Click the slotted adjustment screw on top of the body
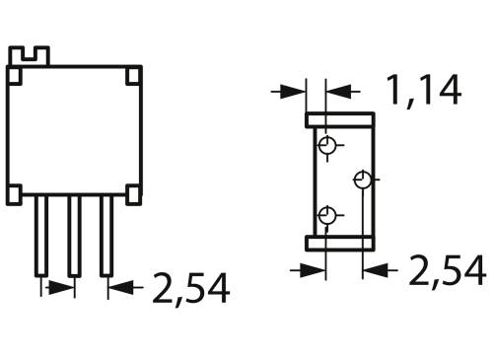(x=35, y=57)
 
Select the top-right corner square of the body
(x=133, y=74)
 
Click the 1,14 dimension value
(x=424, y=91)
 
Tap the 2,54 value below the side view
(x=190, y=289)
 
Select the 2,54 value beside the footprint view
(x=447, y=268)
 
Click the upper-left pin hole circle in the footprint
(x=326, y=147)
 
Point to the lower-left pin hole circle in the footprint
(x=326, y=214)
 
